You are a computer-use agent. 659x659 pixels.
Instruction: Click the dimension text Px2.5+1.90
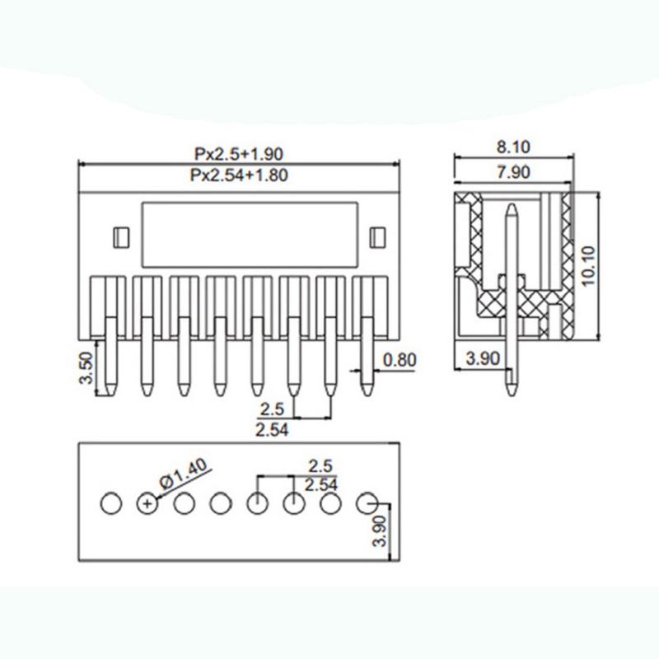point(238,154)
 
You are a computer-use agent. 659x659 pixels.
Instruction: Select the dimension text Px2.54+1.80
point(238,174)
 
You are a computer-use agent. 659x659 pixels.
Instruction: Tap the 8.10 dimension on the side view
point(513,147)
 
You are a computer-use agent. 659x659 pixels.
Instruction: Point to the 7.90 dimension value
point(513,172)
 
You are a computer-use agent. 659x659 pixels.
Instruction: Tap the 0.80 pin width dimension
point(400,359)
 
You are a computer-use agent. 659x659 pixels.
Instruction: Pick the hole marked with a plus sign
point(146,502)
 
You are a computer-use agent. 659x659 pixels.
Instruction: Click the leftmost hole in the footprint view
point(110,502)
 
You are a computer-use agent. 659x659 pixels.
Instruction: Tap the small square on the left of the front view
point(119,237)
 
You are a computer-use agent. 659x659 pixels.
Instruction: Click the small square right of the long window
point(378,237)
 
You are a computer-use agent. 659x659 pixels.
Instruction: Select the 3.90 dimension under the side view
point(482,359)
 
